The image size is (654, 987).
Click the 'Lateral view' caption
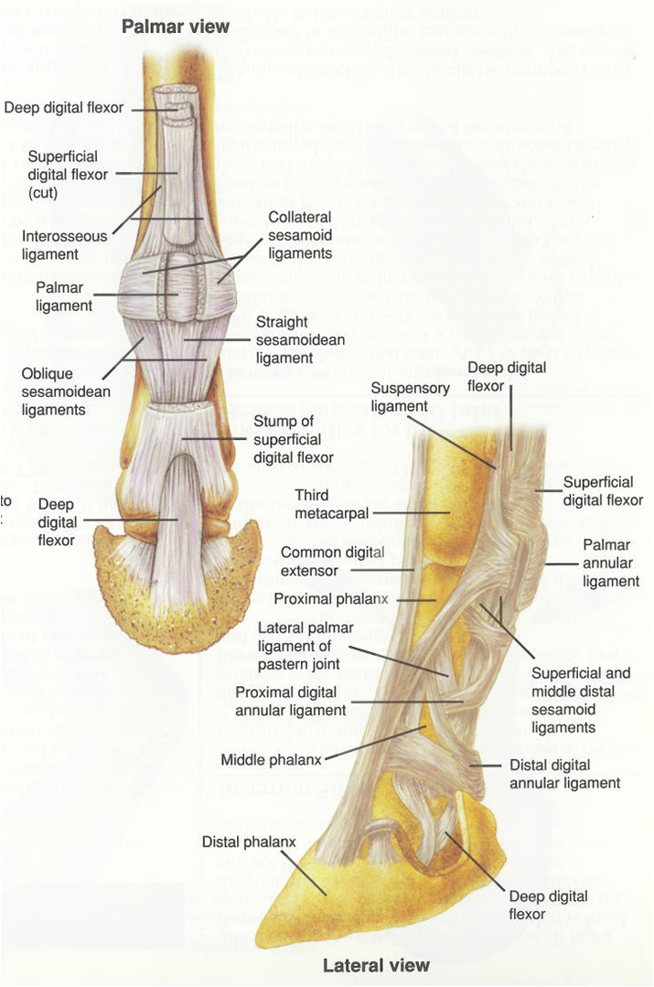(376, 965)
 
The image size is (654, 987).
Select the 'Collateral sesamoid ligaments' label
(300, 236)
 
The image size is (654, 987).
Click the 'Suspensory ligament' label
(400, 396)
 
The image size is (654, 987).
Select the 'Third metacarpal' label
(331, 504)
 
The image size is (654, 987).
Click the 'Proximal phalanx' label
(331, 599)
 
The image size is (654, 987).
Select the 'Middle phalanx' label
(267, 759)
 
